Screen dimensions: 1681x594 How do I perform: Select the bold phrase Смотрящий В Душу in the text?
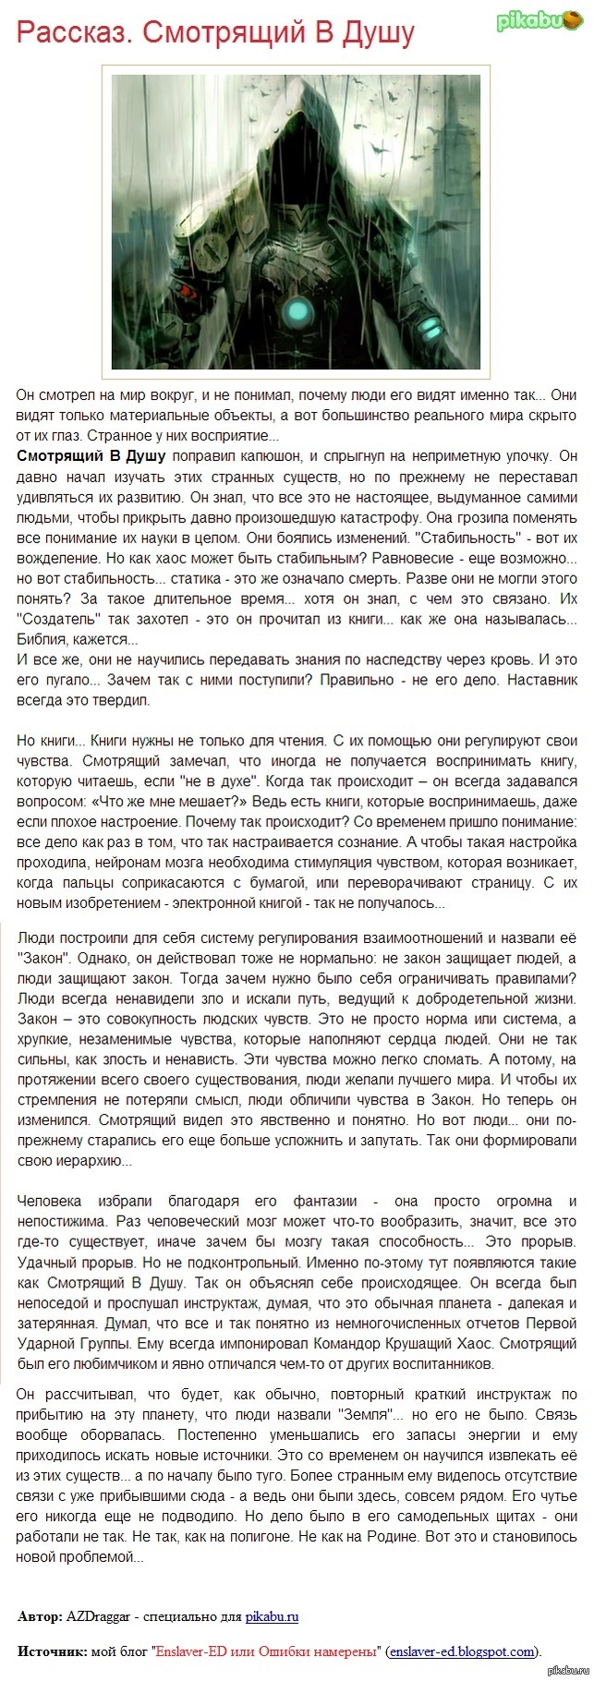tap(91, 455)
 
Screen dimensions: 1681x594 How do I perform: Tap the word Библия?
tap(42, 638)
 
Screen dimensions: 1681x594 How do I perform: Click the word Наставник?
tap(539, 680)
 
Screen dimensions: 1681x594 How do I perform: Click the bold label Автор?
tap(40, 1616)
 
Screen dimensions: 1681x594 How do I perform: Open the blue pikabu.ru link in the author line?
tap(272, 1616)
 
